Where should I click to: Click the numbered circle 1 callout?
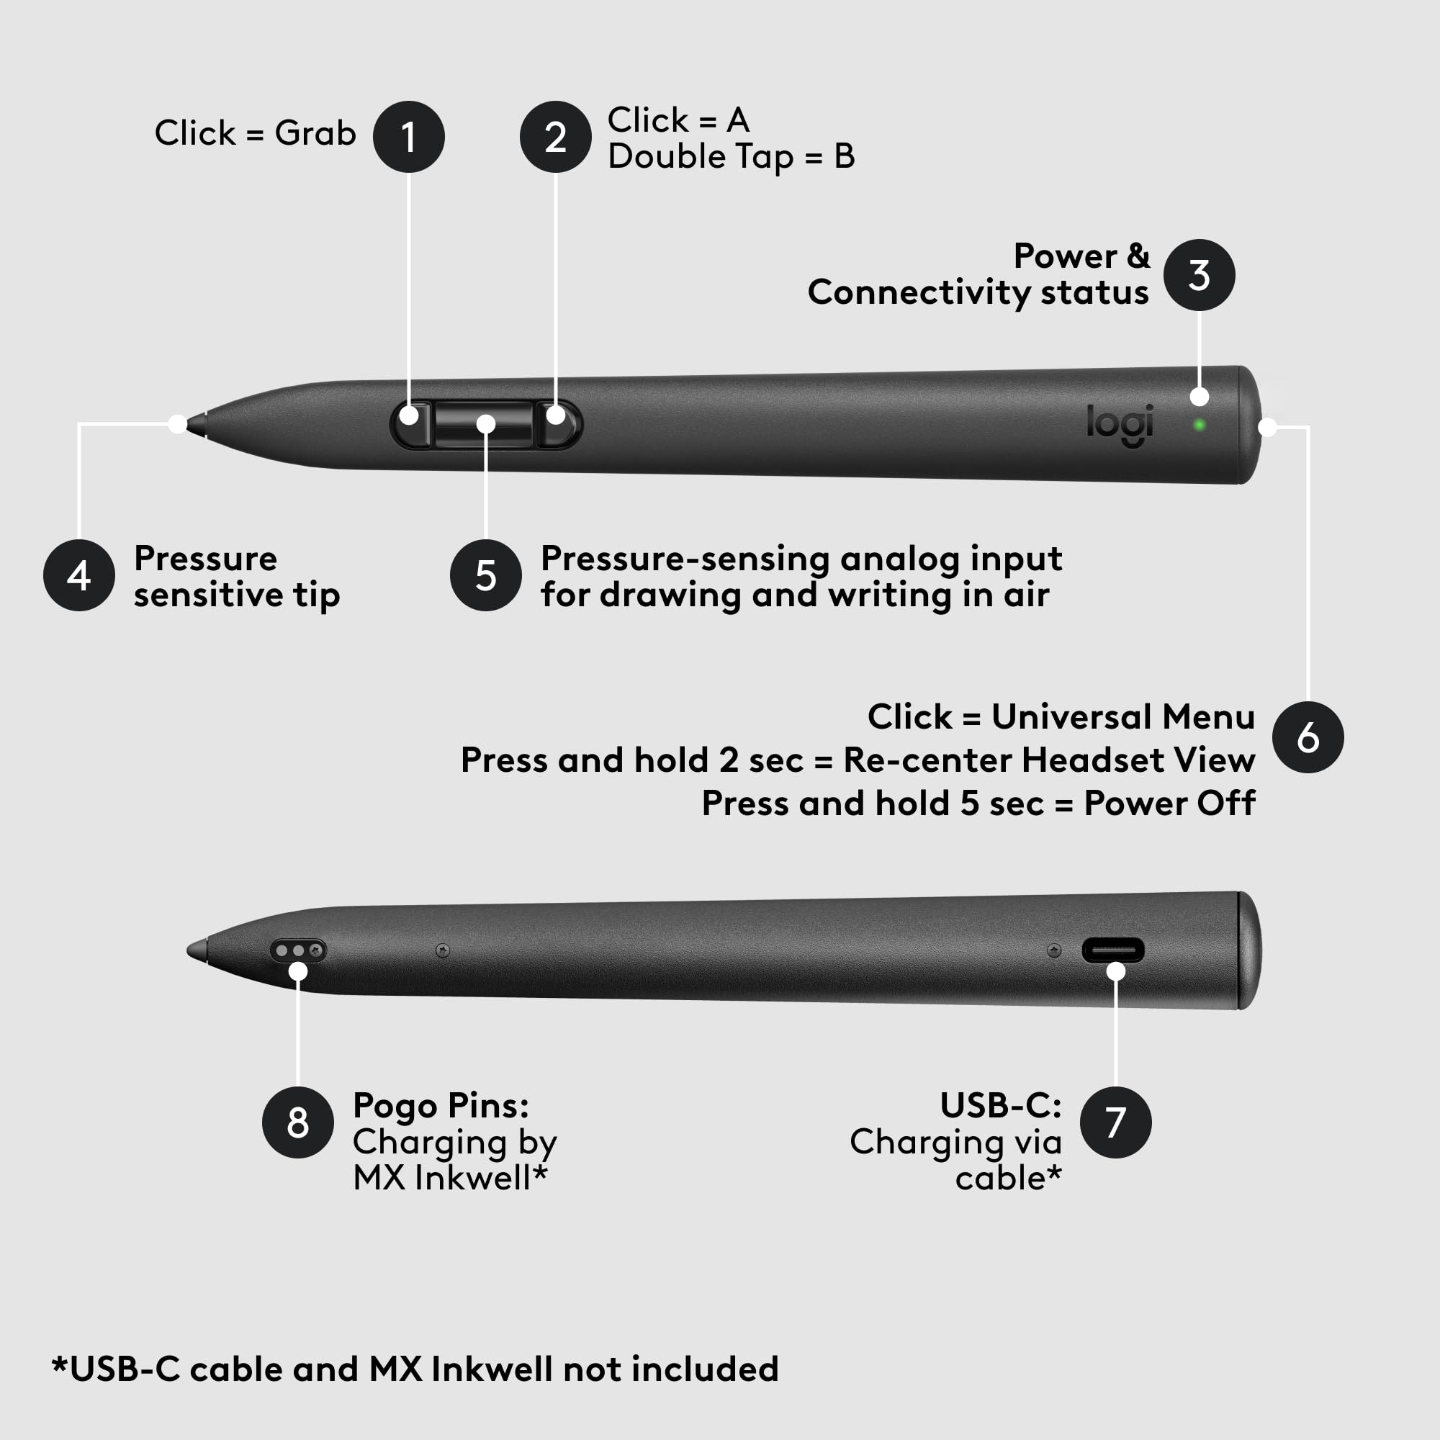(x=408, y=137)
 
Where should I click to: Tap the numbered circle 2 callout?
(x=555, y=137)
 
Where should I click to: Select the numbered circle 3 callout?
(x=1199, y=275)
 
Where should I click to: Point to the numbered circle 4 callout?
(x=79, y=575)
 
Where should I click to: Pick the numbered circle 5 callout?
(x=486, y=575)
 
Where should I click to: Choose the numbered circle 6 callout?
(x=1308, y=737)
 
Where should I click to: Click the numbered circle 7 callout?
(x=1116, y=1122)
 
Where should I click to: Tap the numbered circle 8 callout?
(x=298, y=1122)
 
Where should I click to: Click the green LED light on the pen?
(x=1200, y=425)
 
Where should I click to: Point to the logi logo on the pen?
(x=1120, y=425)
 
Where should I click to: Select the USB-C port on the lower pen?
(x=1113, y=950)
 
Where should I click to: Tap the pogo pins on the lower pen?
(x=298, y=950)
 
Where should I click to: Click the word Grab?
(x=315, y=133)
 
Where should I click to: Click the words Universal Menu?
(x=1122, y=717)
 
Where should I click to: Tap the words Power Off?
(x=1169, y=804)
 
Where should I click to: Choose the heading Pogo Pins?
(x=441, y=1105)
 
